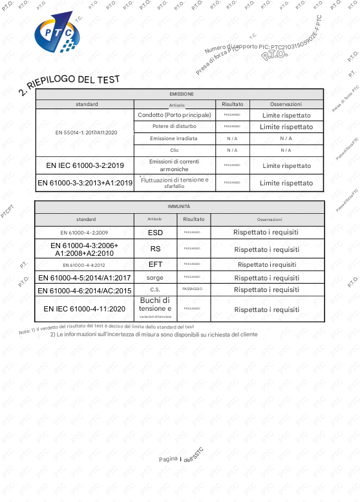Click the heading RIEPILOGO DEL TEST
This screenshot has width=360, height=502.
click(x=69, y=83)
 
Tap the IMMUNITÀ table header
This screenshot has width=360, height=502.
click(x=178, y=206)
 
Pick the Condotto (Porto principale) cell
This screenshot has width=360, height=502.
click(x=175, y=115)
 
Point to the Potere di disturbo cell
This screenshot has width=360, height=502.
click(x=174, y=127)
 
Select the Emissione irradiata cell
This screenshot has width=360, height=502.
click(x=174, y=138)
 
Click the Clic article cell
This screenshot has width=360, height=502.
click(x=174, y=150)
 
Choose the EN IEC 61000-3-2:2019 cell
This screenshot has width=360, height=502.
click(x=85, y=165)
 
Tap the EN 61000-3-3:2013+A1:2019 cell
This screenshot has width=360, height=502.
click(x=85, y=183)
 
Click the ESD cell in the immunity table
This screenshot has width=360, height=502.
click(x=155, y=232)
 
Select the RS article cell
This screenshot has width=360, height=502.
click(x=155, y=249)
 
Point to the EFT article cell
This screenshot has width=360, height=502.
click(x=155, y=264)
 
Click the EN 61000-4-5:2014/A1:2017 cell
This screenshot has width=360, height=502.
click(x=85, y=278)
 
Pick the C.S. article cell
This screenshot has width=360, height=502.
click(x=155, y=289)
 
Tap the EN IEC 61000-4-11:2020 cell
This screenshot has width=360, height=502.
click(x=85, y=309)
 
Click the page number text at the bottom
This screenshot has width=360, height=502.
click(x=181, y=459)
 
